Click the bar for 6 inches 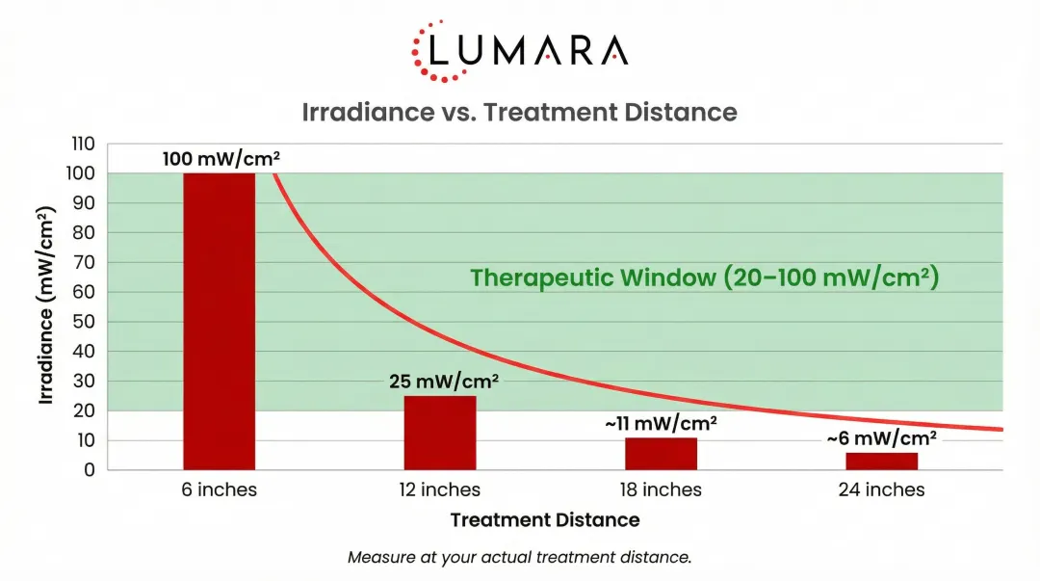click(220, 321)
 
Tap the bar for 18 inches click(661, 454)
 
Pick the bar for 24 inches click(881, 461)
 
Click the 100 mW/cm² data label click(221, 159)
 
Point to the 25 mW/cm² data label click(444, 382)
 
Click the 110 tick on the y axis click(83, 145)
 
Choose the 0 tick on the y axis click(90, 470)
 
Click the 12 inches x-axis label click(440, 490)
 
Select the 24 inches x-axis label click(881, 490)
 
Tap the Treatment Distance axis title click(545, 520)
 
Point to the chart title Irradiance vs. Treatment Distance click(520, 112)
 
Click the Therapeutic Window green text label click(704, 278)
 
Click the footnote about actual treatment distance click(520, 557)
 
